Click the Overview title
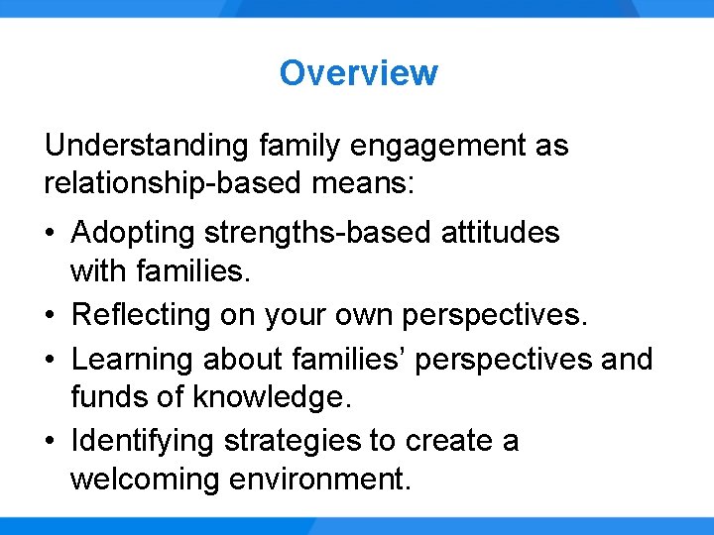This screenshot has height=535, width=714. pyautogui.click(x=358, y=72)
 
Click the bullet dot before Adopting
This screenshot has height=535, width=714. pyautogui.click(x=51, y=234)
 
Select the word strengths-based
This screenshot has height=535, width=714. pyautogui.click(x=322, y=234)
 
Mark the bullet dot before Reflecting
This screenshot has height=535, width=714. pyautogui.click(x=51, y=316)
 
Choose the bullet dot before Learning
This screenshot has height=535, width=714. pyautogui.click(x=51, y=359)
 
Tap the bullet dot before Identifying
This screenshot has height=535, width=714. pyautogui.click(x=51, y=441)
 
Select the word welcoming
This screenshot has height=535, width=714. pyautogui.click(x=145, y=480)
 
